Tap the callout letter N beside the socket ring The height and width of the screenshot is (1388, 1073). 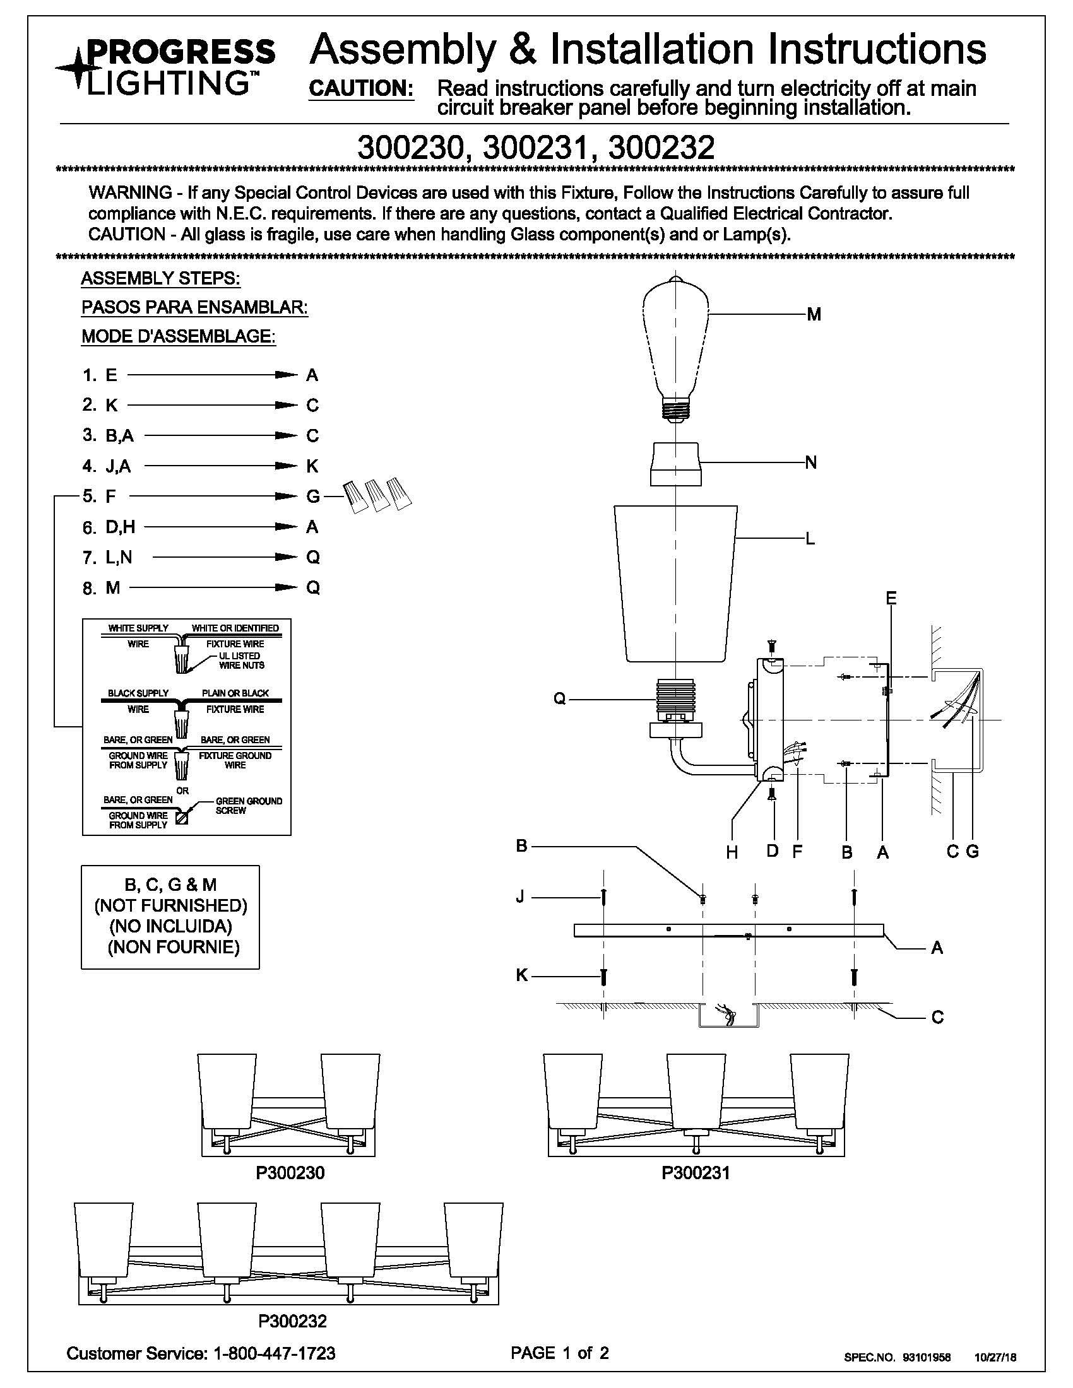coord(811,462)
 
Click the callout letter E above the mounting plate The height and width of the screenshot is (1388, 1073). coord(891,598)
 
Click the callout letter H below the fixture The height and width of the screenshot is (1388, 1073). coord(732,853)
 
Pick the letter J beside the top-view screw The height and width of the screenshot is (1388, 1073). coord(521,897)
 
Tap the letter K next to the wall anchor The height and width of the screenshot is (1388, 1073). coord(522,975)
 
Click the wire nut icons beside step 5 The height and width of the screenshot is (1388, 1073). coord(377,495)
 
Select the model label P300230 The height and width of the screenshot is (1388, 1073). coord(290,1173)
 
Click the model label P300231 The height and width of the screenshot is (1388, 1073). coord(696,1173)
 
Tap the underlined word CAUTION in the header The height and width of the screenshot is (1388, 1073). coord(362,88)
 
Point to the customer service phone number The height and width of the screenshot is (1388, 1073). coord(276,1353)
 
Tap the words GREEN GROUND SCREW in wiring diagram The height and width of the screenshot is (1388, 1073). coord(249,806)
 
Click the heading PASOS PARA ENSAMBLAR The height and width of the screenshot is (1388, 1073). coord(194,308)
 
